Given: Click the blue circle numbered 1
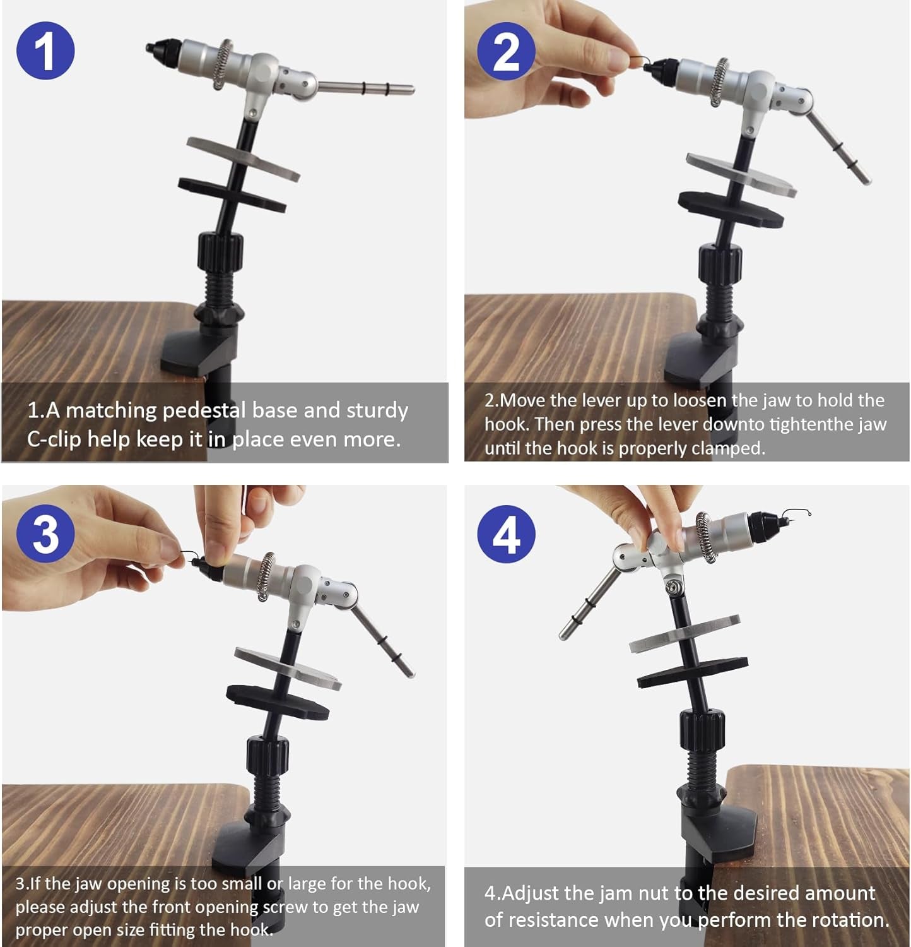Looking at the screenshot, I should (45, 51).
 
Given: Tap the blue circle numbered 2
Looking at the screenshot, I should (506, 51).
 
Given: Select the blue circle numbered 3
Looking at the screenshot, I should (45, 534).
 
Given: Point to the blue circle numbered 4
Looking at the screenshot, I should (506, 534).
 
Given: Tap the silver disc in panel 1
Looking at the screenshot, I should (243, 157).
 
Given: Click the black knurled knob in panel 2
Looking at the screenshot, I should (719, 265).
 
